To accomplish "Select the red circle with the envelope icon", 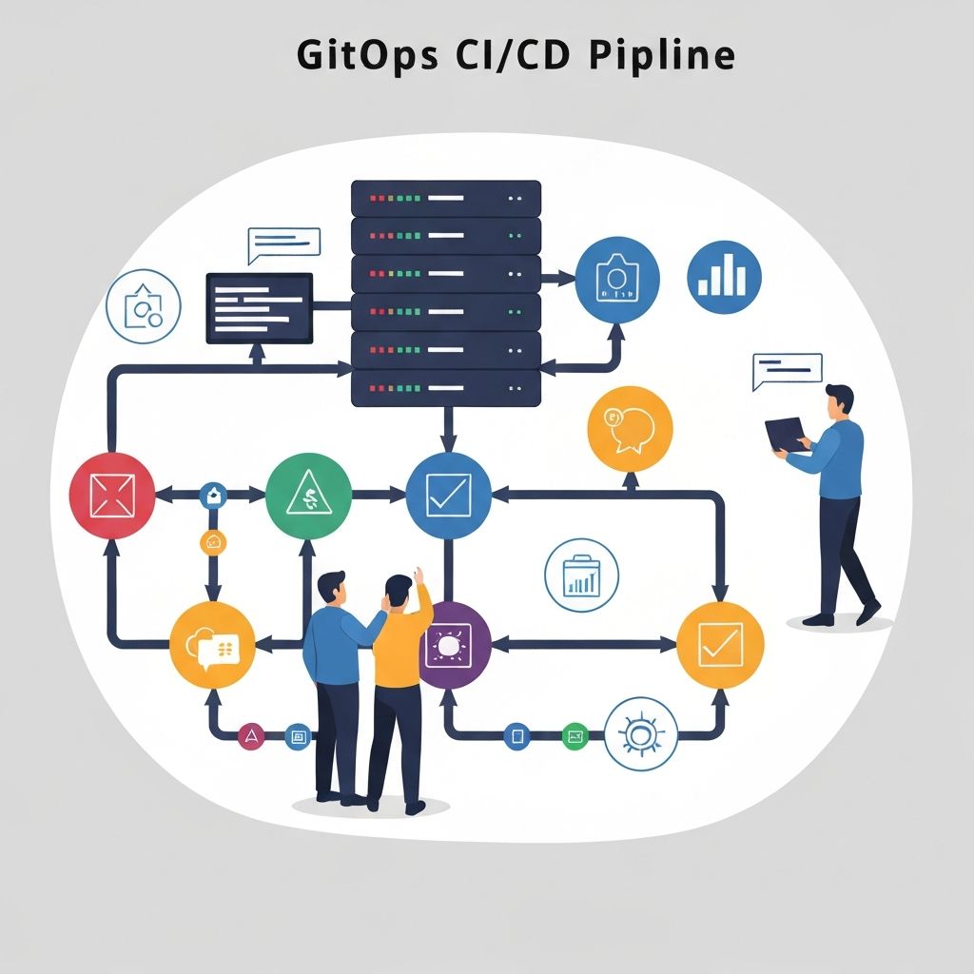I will (112, 495).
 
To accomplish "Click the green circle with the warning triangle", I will (308, 495).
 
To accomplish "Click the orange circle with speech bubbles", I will (631, 428).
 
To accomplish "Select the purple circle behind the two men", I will (453, 645).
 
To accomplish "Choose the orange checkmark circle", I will (720, 645).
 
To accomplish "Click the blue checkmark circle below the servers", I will (448, 495).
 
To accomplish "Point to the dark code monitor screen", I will (260, 308).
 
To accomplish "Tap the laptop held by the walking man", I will (787, 435).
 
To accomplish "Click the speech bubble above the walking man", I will (787, 371).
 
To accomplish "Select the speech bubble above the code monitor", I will (283, 244).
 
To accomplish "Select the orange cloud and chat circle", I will (212, 645).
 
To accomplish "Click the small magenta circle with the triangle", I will (251, 735).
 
